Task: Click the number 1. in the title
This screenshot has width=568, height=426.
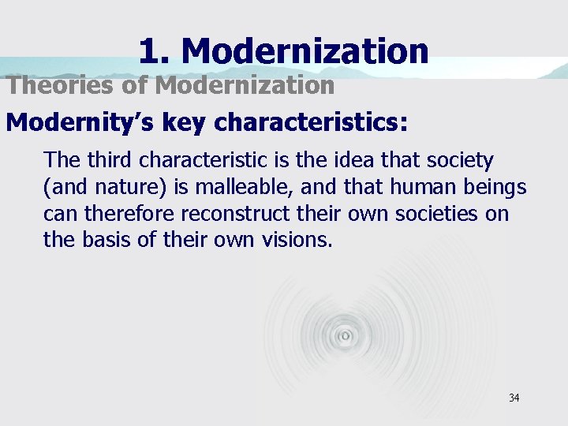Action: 155,52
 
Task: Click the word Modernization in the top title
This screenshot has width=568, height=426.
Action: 305,52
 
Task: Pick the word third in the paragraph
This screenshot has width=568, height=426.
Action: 110,160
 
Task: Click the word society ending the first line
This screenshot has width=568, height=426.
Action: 462,160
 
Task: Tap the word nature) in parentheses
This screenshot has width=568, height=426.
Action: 119,187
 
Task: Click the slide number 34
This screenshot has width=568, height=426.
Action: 514,398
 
